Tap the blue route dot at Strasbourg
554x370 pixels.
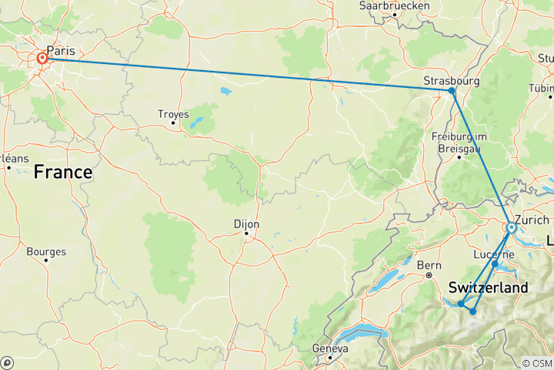[452, 91]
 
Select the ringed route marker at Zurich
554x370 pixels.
[511, 227]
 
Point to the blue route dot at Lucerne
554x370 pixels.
[495, 264]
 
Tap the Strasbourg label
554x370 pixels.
[452, 79]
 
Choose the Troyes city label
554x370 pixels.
[173, 113]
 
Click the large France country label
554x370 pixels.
[62, 172]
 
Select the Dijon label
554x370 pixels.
[246, 224]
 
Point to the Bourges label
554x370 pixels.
[46, 251]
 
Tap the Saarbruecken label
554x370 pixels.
[393, 5]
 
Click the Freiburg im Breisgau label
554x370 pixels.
[460, 142]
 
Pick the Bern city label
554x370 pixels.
[428, 265]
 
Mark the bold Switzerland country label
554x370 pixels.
[488, 288]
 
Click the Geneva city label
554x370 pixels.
[331, 348]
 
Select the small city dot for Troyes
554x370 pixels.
[173, 123]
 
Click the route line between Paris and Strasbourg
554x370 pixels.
[246, 75]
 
